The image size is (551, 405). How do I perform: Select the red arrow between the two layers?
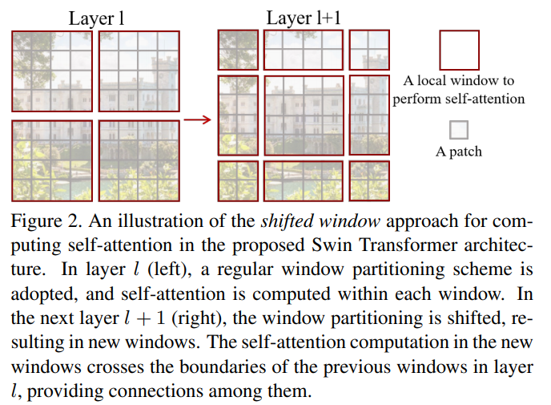point(197,120)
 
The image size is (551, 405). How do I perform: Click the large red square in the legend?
point(459,51)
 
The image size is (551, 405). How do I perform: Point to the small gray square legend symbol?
point(459,130)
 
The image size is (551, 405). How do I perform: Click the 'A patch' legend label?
point(459,152)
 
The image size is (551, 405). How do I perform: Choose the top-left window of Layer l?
point(52,71)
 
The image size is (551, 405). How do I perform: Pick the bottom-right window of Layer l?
point(139,160)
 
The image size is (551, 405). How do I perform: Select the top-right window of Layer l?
point(139,71)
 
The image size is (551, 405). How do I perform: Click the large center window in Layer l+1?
point(304,115)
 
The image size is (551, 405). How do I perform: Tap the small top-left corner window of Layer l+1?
point(238,50)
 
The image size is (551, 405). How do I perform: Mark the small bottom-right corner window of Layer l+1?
point(368,180)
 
